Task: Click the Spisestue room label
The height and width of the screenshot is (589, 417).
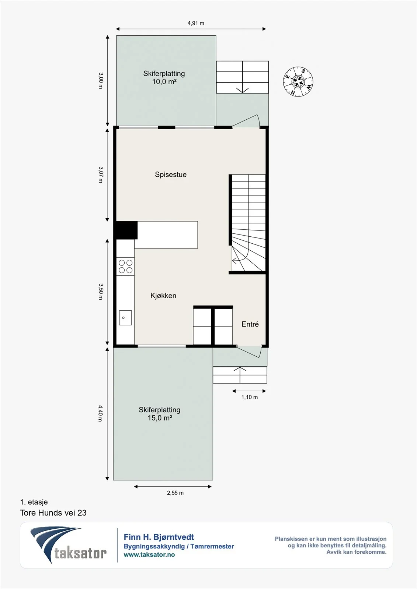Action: click(171, 175)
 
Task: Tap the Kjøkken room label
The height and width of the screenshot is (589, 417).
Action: click(163, 296)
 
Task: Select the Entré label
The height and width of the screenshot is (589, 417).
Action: click(250, 324)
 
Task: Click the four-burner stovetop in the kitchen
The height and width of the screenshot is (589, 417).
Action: click(125, 267)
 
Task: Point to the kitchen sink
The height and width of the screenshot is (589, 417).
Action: click(125, 318)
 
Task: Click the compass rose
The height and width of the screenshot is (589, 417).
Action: click(298, 81)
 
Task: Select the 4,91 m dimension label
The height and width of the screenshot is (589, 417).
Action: click(196, 23)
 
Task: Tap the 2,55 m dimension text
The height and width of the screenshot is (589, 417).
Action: click(175, 493)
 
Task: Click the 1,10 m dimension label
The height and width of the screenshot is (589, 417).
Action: click(250, 397)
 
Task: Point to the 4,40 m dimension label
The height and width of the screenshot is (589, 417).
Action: click(100, 413)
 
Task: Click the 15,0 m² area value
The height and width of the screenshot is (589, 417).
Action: click(160, 418)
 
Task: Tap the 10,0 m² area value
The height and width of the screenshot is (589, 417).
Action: click(164, 82)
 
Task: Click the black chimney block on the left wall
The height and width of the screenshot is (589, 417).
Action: click(126, 230)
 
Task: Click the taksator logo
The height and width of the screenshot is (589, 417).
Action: click(68, 545)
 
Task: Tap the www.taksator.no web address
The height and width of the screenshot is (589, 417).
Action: click(149, 555)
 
